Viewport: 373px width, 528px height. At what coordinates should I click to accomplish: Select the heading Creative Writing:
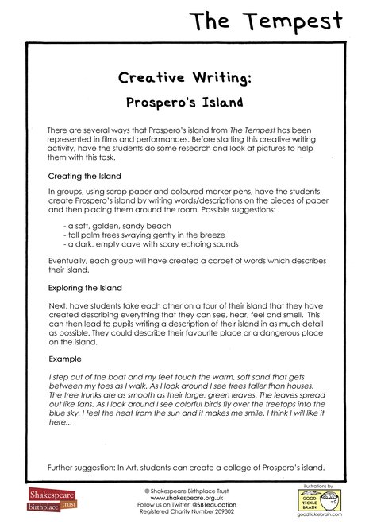coord(186,78)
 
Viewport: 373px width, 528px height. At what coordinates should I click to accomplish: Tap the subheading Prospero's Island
coord(186,103)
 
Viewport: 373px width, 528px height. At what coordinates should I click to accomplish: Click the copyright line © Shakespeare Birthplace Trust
coord(185,491)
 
